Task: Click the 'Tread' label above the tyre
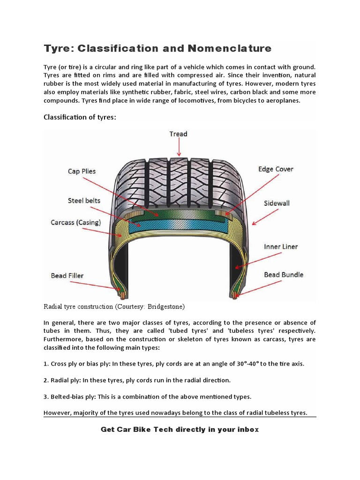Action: point(178,134)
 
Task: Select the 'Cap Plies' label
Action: point(82,171)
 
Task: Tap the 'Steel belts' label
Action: point(84,201)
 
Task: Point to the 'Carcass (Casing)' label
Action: point(75,222)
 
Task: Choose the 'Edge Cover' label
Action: point(276,169)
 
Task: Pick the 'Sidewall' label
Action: point(277,203)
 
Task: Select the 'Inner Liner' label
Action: point(280,247)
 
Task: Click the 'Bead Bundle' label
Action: point(284,274)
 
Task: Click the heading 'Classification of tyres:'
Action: point(79,117)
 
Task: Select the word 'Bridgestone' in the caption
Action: point(165,307)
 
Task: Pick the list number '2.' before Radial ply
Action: point(46,380)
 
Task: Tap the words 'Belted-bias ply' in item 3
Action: point(73,397)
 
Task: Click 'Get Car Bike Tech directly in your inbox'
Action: point(180,429)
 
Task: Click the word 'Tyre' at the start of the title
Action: point(58,48)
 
